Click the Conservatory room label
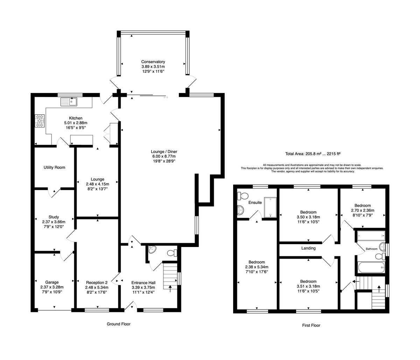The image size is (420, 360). tap(153, 62)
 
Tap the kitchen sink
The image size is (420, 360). tap(69, 102)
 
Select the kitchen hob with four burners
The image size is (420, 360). tap(40, 121)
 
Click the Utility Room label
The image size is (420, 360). tap(55, 167)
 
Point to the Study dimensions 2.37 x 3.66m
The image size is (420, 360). tap(54, 222)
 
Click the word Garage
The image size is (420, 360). tap(52, 282)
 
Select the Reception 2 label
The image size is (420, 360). tap(97, 282)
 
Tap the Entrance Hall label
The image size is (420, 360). tap(143, 283)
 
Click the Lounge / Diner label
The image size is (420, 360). tap(164, 151)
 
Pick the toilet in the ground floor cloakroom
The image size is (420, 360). tap(172, 253)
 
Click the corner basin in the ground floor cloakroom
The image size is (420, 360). tap(152, 249)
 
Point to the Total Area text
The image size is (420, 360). tap(313, 154)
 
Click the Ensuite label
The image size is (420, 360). tap(255, 203)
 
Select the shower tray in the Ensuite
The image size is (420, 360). tap(270, 207)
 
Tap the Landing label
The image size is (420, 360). tap(308, 248)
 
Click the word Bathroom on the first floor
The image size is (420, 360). tap(372, 249)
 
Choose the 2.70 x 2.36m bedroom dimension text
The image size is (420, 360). tap(363, 210)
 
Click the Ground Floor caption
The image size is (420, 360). tap(119, 324)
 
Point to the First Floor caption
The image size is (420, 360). tap(311, 325)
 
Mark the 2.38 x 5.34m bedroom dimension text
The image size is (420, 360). tap(257, 267)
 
